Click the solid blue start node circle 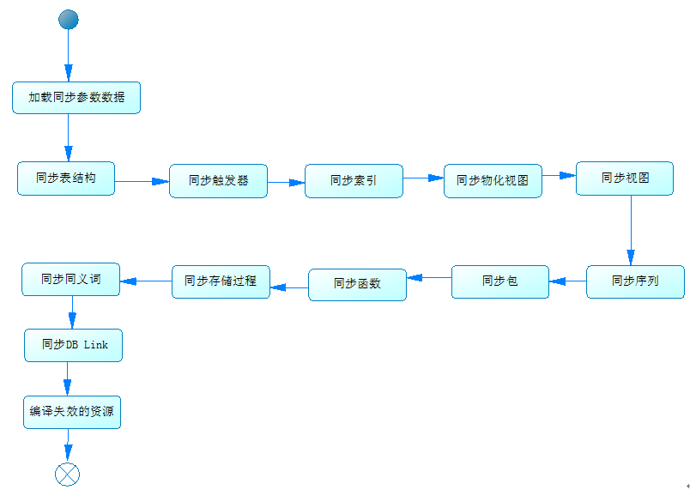pyautogui.click(x=68, y=20)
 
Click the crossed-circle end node pyautogui.click(x=67, y=474)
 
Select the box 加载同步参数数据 pyautogui.click(x=76, y=98)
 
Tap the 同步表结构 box pyautogui.click(x=66, y=178)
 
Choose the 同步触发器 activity pyautogui.click(x=218, y=181)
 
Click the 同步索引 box pyautogui.click(x=354, y=181)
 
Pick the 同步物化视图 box pyautogui.click(x=493, y=181)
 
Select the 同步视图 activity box pyautogui.click(x=624, y=178)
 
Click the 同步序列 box pyautogui.click(x=635, y=281)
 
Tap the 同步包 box pyautogui.click(x=499, y=281)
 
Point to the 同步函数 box pyautogui.click(x=357, y=284)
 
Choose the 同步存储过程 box pyautogui.click(x=221, y=281)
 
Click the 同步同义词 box pyautogui.click(x=70, y=280)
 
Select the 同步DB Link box pyautogui.click(x=72, y=345)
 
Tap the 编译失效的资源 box pyautogui.click(x=72, y=412)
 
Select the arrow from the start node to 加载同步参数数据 pyautogui.click(x=68, y=56)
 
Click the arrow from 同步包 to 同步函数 pyautogui.click(x=429, y=278)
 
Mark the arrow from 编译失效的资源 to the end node pyautogui.click(x=67, y=445)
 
